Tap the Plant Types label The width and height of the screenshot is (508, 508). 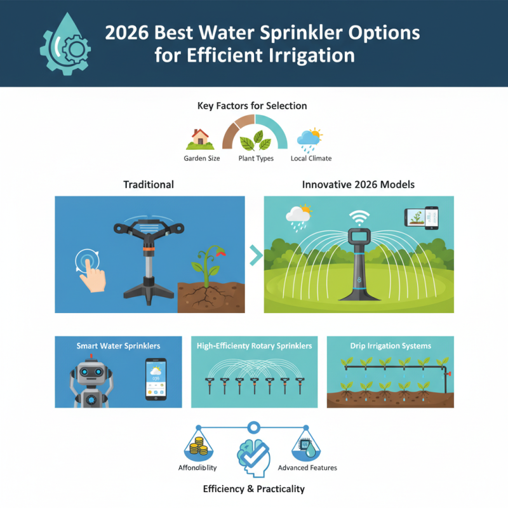pyautogui.click(x=255, y=158)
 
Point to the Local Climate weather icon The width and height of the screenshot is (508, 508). pyautogui.click(x=310, y=138)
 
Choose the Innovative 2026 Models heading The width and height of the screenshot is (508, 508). pyautogui.click(x=357, y=184)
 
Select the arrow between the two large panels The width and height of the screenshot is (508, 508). pyautogui.click(x=254, y=255)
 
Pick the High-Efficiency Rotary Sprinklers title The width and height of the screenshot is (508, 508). pyautogui.click(x=254, y=346)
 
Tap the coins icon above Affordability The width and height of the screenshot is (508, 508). pyautogui.click(x=199, y=446)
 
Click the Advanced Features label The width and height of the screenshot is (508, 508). pyautogui.click(x=307, y=467)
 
